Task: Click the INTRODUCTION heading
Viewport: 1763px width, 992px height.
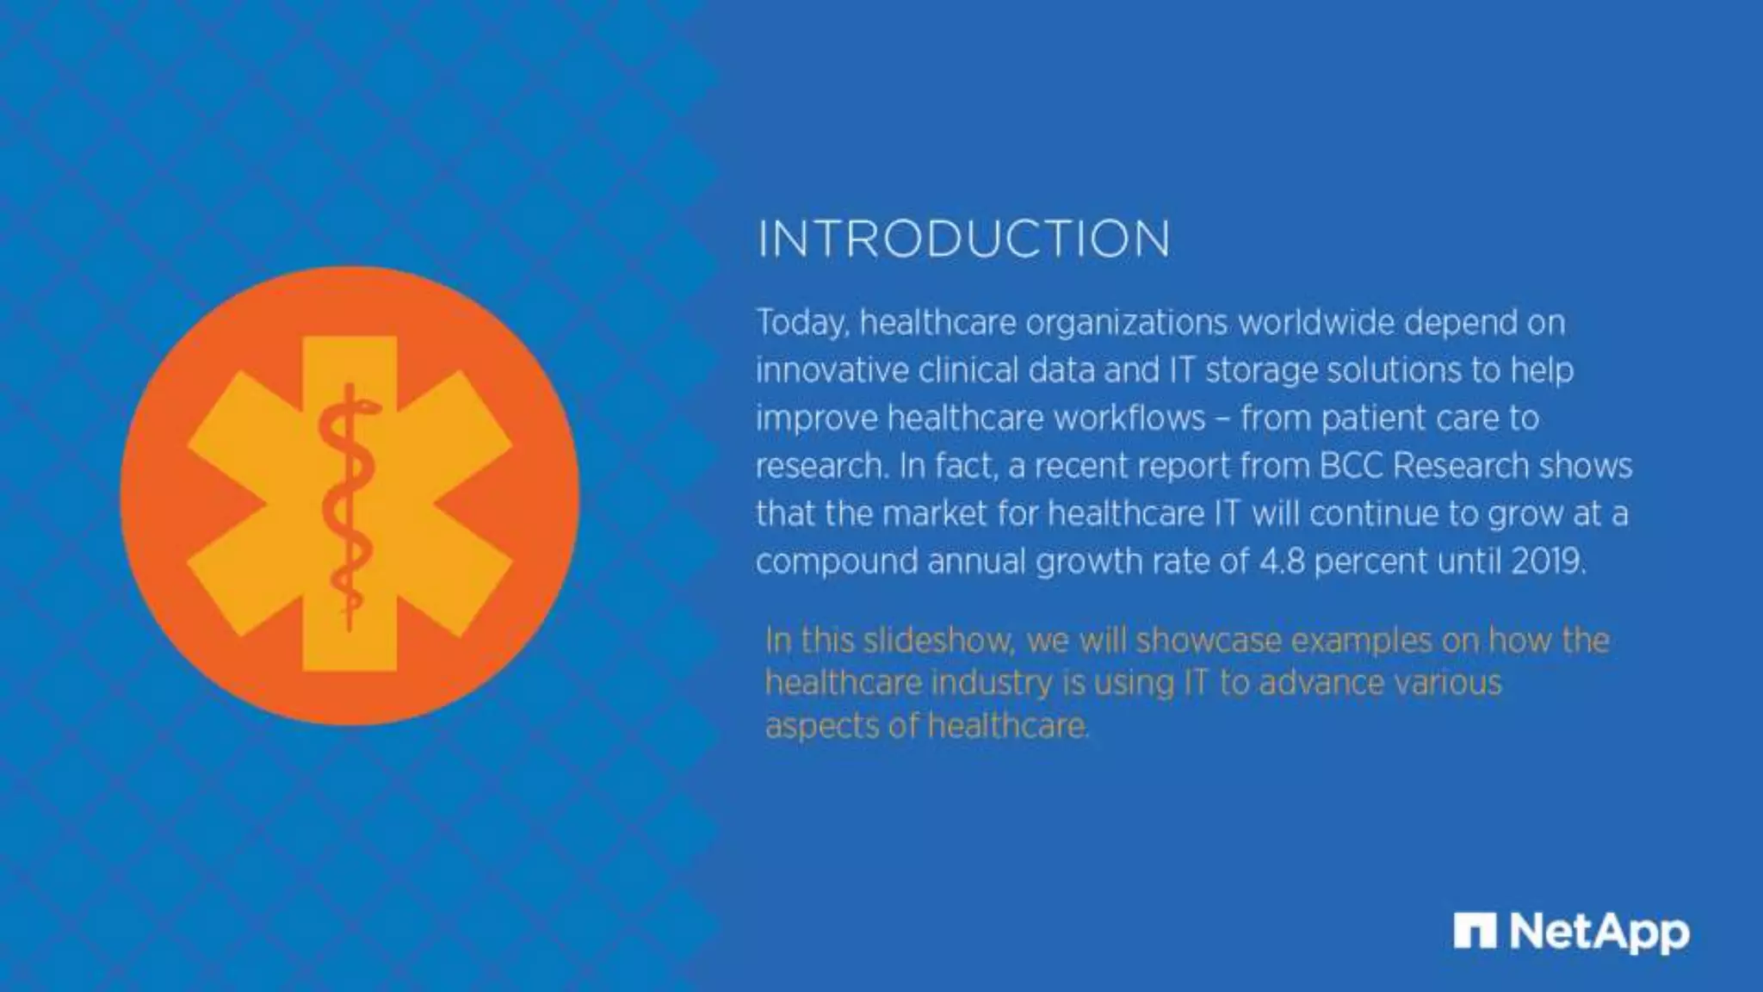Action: tap(963, 239)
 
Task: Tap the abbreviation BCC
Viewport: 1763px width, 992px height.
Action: tap(1351, 466)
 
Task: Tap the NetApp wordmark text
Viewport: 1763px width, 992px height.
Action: tap(1599, 933)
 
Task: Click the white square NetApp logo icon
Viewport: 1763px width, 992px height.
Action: tap(1474, 931)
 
